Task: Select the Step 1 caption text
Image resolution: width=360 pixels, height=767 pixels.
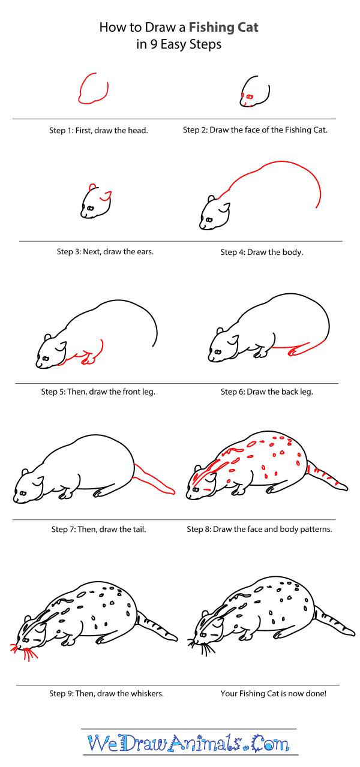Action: pyautogui.click(x=98, y=130)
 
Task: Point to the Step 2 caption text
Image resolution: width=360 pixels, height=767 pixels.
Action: pyautogui.click(x=255, y=130)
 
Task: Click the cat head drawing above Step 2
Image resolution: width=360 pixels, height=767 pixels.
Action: pyautogui.click(x=254, y=93)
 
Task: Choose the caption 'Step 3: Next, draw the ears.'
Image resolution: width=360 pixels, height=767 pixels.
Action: pyautogui.click(x=105, y=252)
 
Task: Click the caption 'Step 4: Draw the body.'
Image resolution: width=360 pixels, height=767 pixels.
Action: pyautogui.click(x=261, y=252)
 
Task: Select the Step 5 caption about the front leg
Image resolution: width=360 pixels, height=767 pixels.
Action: pyautogui.click(x=98, y=392)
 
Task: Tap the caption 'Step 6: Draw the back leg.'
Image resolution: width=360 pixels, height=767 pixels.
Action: pyautogui.click(x=267, y=392)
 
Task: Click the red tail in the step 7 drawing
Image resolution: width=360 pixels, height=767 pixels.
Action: pyautogui.click(x=154, y=480)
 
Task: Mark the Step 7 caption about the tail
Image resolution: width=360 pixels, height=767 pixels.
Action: pyautogui.click(x=98, y=529)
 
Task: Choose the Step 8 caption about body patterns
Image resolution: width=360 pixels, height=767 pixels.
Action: pyautogui.click(x=259, y=529)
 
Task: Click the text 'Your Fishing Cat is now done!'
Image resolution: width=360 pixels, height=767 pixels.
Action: pyautogui.click(x=273, y=693)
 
